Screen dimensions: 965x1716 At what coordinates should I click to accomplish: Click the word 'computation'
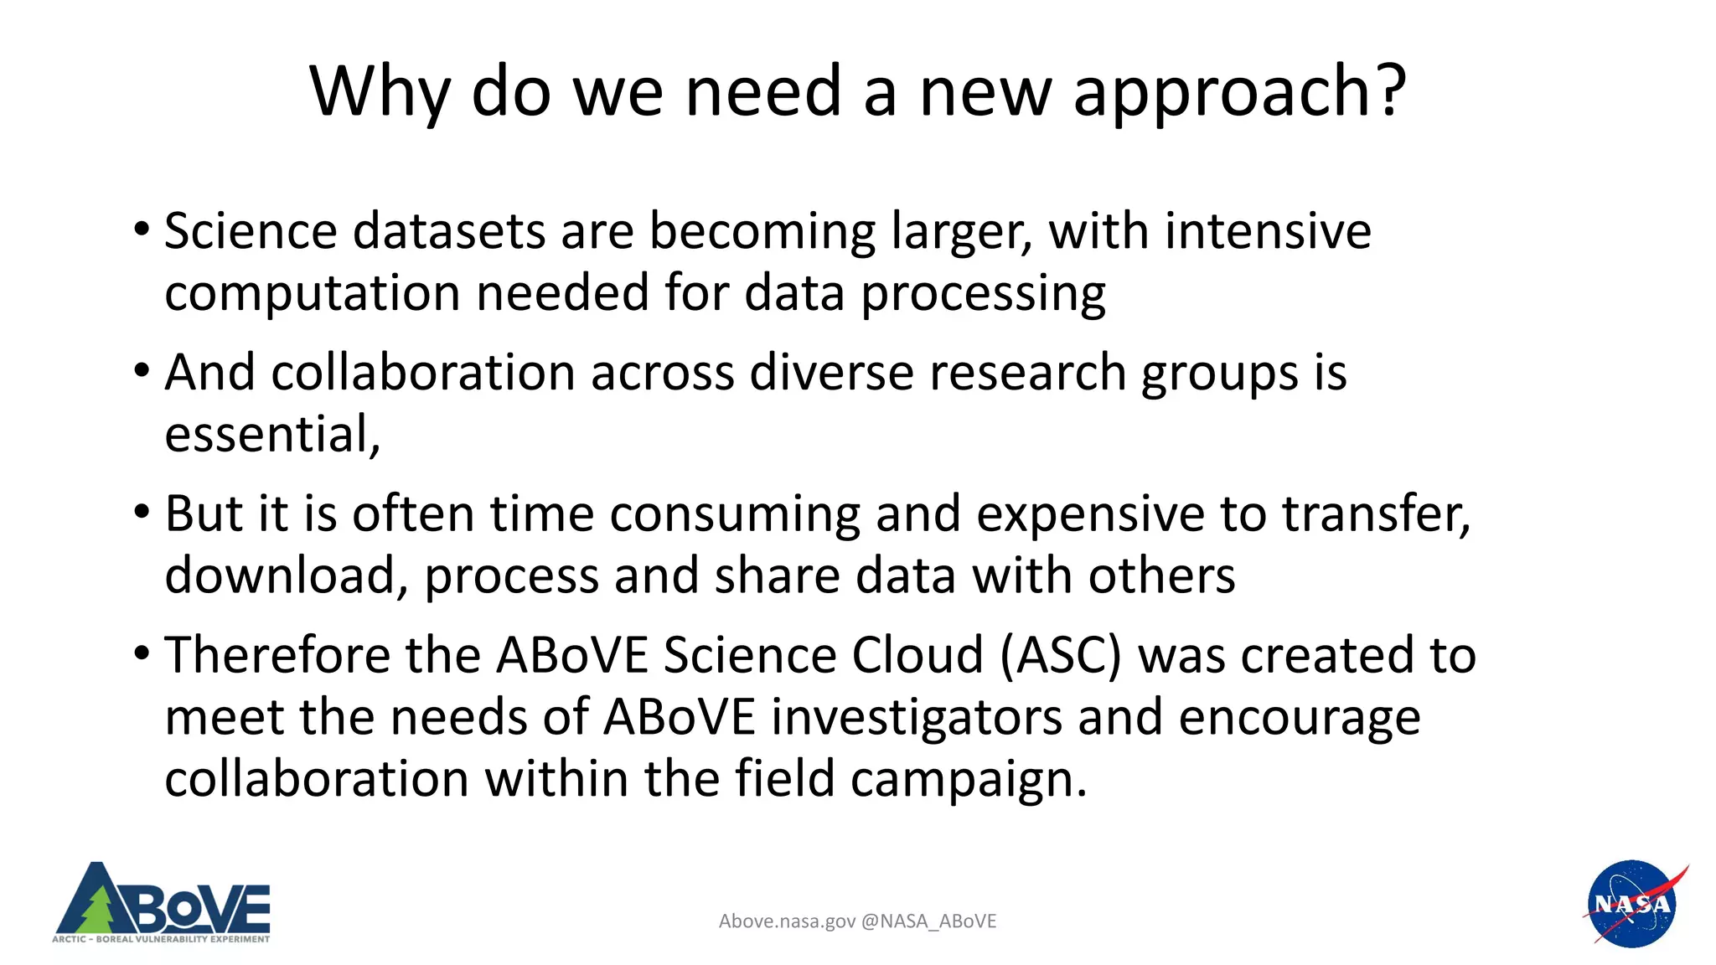tap(313, 294)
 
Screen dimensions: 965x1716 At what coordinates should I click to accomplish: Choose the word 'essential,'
tap(272, 435)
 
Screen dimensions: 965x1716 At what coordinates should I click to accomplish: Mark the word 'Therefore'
tap(277, 655)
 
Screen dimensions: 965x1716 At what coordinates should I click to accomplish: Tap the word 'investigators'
tap(917, 718)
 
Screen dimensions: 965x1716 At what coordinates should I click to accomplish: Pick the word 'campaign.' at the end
tap(969, 780)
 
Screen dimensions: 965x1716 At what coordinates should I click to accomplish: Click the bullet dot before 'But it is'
tap(142, 510)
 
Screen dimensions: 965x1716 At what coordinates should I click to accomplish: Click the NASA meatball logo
tap(1631, 904)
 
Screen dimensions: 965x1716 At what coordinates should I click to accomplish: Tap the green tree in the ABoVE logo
tap(99, 911)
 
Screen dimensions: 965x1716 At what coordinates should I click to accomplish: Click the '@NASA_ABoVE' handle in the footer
tap(928, 921)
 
